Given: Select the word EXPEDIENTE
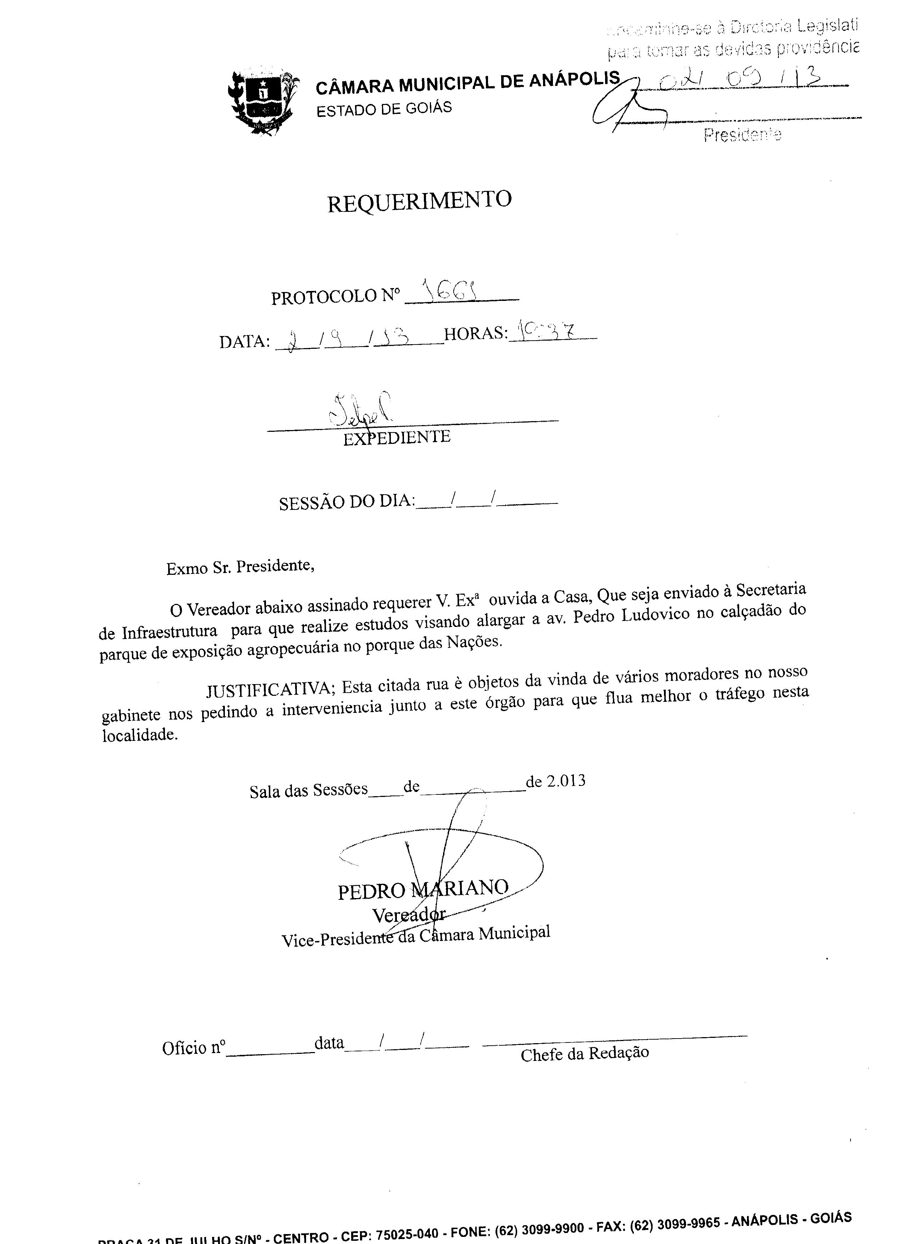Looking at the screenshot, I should pyautogui.click(x=397, y=437).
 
